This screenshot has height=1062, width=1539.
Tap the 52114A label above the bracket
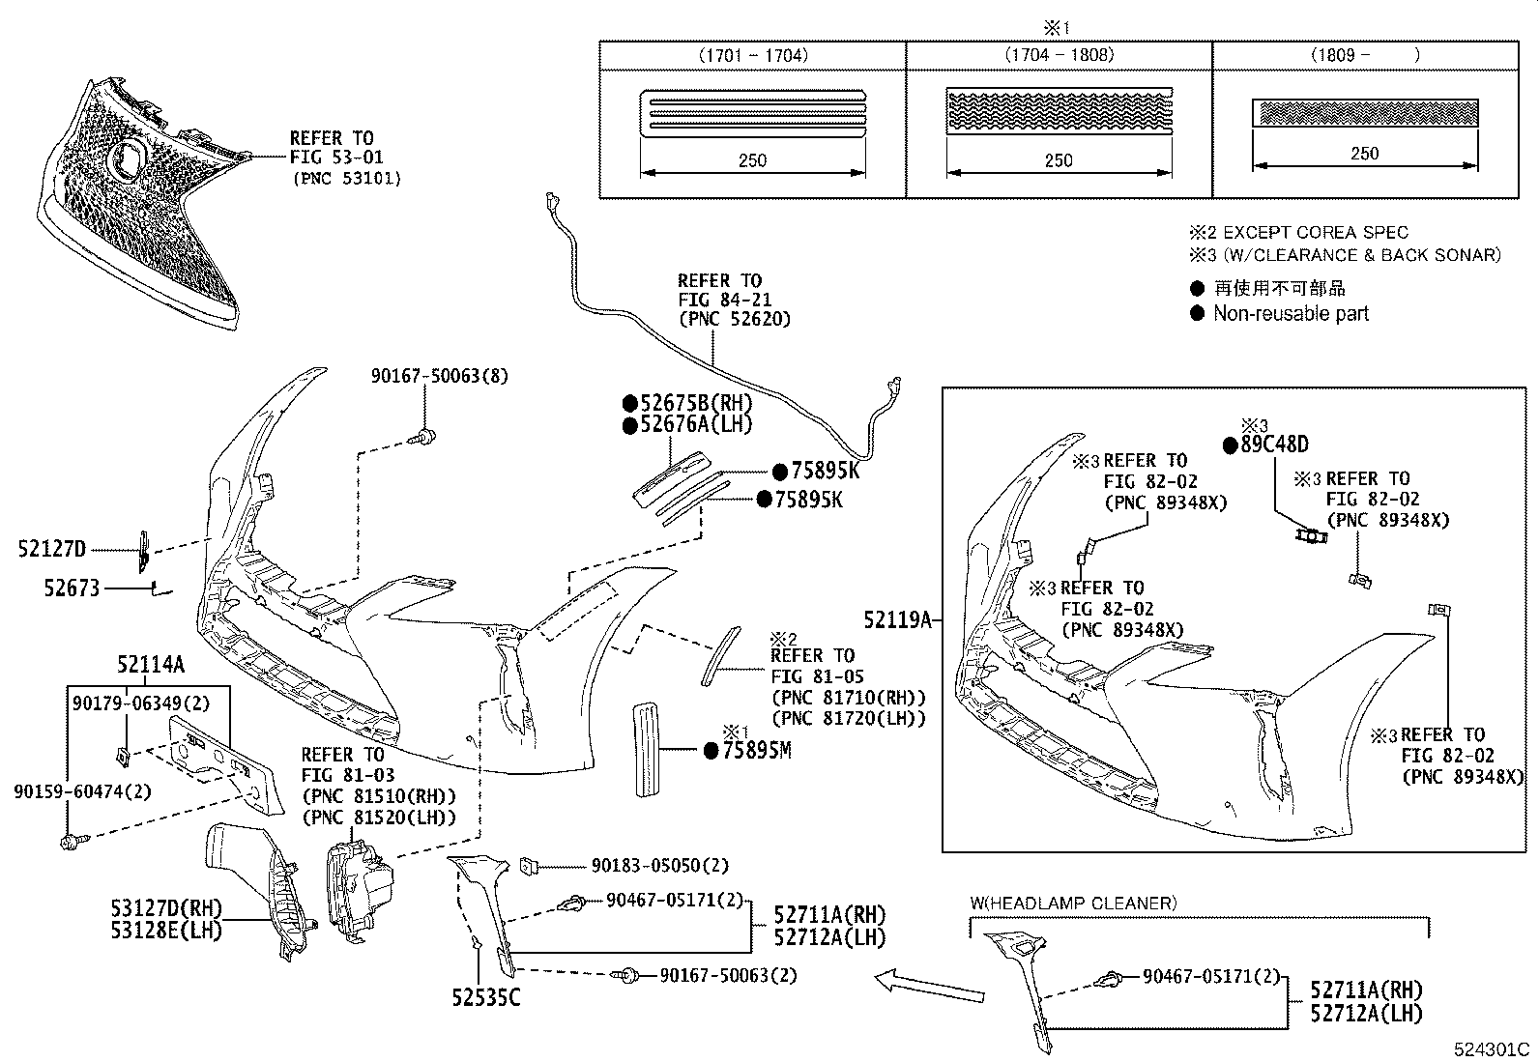click(150, 665)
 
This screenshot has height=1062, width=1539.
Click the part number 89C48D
click(1273, 445)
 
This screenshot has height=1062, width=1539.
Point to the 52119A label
click(897, 620)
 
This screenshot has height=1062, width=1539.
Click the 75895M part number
click(756, 750)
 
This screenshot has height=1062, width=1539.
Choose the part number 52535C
click(485, 996)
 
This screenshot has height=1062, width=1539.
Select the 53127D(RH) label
click(165, 909)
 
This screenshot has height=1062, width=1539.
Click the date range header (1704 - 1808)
click(1059, 55)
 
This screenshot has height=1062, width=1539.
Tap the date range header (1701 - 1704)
click(752, 55)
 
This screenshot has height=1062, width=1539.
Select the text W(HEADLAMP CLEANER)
click(1073, 903)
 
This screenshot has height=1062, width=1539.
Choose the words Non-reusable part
click(1291, 313)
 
